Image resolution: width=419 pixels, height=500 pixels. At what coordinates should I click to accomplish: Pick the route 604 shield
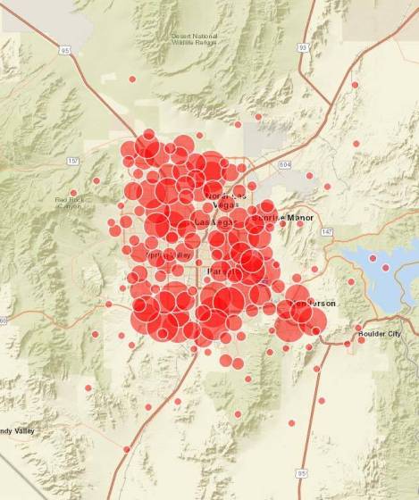coord(284,164)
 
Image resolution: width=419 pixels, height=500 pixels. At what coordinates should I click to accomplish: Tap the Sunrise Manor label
coord(279,217)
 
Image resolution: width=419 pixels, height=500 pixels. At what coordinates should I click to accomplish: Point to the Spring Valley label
coord(169,254)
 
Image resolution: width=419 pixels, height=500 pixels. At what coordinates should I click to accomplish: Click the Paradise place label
coord(222,270)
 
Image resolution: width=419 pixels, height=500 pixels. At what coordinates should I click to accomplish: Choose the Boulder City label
coord(380,333)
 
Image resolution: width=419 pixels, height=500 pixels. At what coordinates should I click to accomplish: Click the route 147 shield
coord(327,230)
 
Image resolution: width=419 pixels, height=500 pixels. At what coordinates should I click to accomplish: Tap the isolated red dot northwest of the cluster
coord(131,79)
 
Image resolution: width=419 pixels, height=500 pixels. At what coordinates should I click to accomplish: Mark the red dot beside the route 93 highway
coord(355,85)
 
